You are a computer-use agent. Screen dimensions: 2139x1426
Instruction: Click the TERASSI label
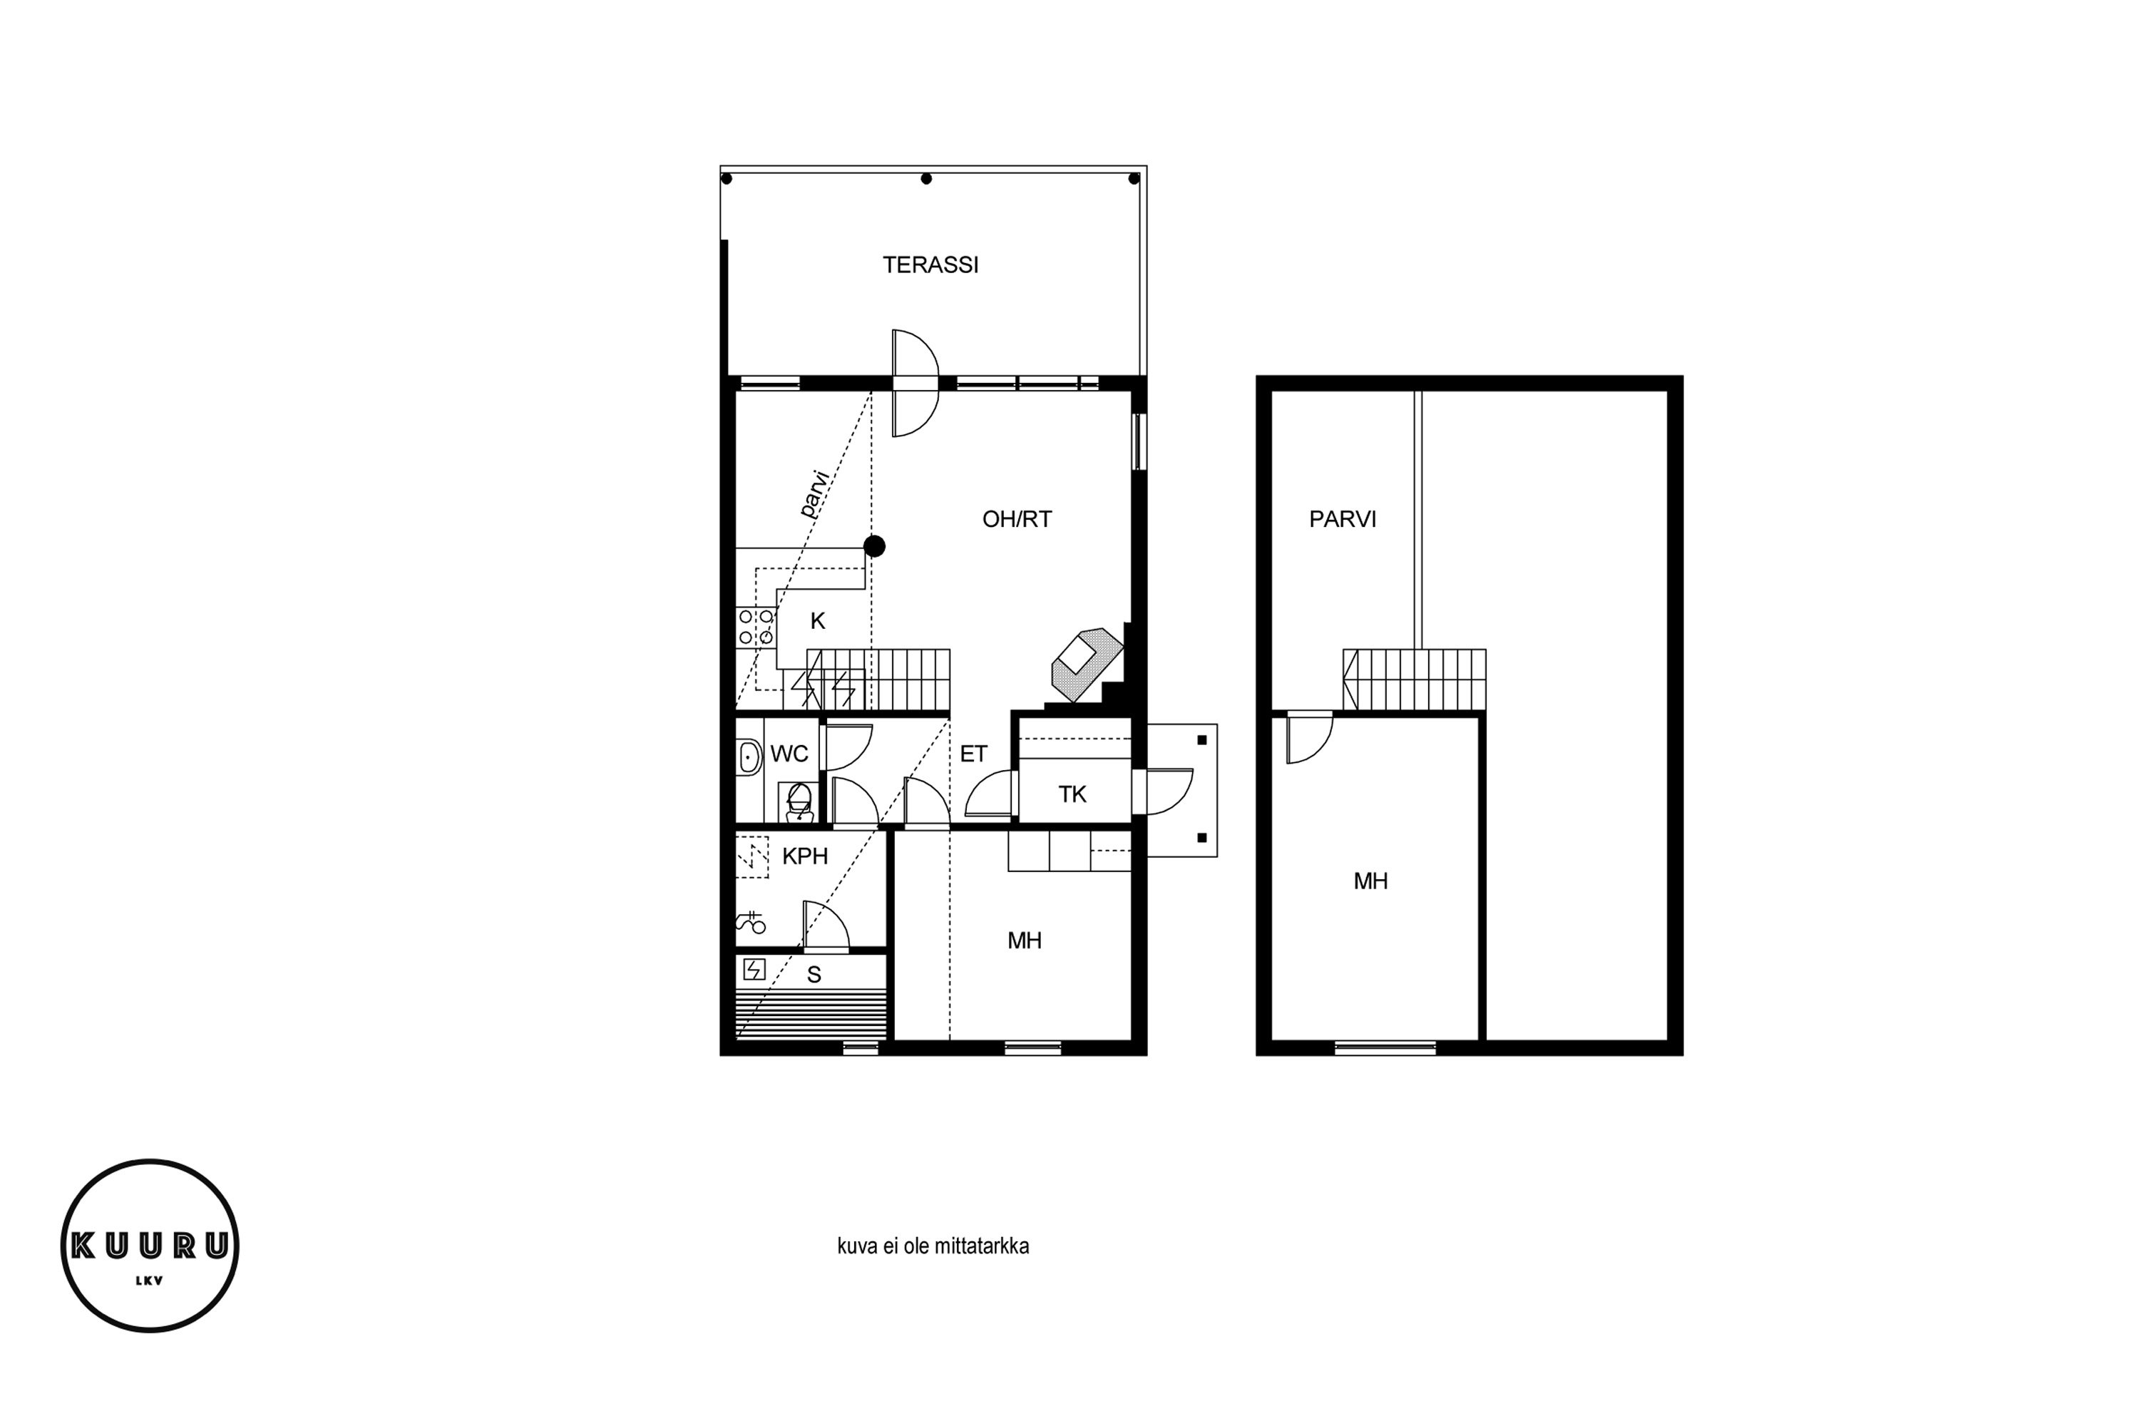pos(930,265)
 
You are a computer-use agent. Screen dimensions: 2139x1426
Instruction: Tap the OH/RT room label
pos(1017,519)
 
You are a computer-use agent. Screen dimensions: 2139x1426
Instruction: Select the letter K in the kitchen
pos(818,621)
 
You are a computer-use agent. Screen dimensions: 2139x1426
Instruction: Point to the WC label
pos(789,754)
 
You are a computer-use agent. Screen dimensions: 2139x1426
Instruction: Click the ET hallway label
pos(973,754)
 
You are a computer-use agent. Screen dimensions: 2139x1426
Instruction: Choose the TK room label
pos(1072,795)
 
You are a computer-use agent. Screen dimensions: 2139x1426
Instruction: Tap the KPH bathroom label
pos(805,856)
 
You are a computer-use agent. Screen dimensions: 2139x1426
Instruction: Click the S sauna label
pos(814,975)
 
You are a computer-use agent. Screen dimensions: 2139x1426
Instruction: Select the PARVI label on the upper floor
pos(1343,519)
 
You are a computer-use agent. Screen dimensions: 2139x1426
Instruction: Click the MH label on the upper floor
pos(1370,881)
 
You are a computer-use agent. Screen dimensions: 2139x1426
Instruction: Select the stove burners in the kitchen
pos(756,627)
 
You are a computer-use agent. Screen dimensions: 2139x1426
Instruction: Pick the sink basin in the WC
pos(749,756)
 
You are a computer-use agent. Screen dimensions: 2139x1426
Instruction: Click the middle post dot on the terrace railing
pos(925,179)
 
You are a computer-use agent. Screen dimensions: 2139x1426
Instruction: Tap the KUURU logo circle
pos(150,1245)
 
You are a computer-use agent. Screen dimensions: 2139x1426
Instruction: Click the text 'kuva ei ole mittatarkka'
pos(933,1246)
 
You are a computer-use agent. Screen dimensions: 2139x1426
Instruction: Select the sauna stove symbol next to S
pos(754,970)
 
